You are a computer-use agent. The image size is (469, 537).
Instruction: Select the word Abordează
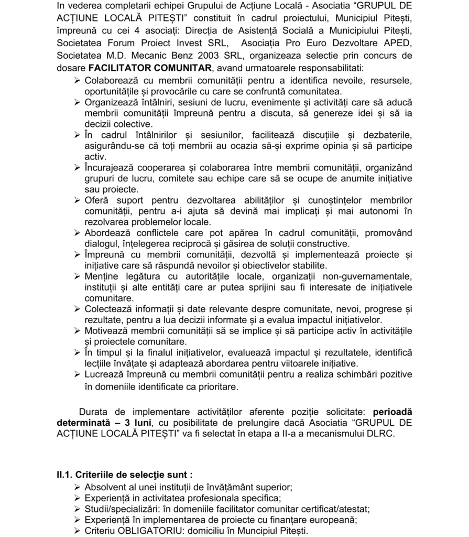click(x=109, y=233)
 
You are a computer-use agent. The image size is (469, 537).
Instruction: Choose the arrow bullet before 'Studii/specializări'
click(x=77, y=509)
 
